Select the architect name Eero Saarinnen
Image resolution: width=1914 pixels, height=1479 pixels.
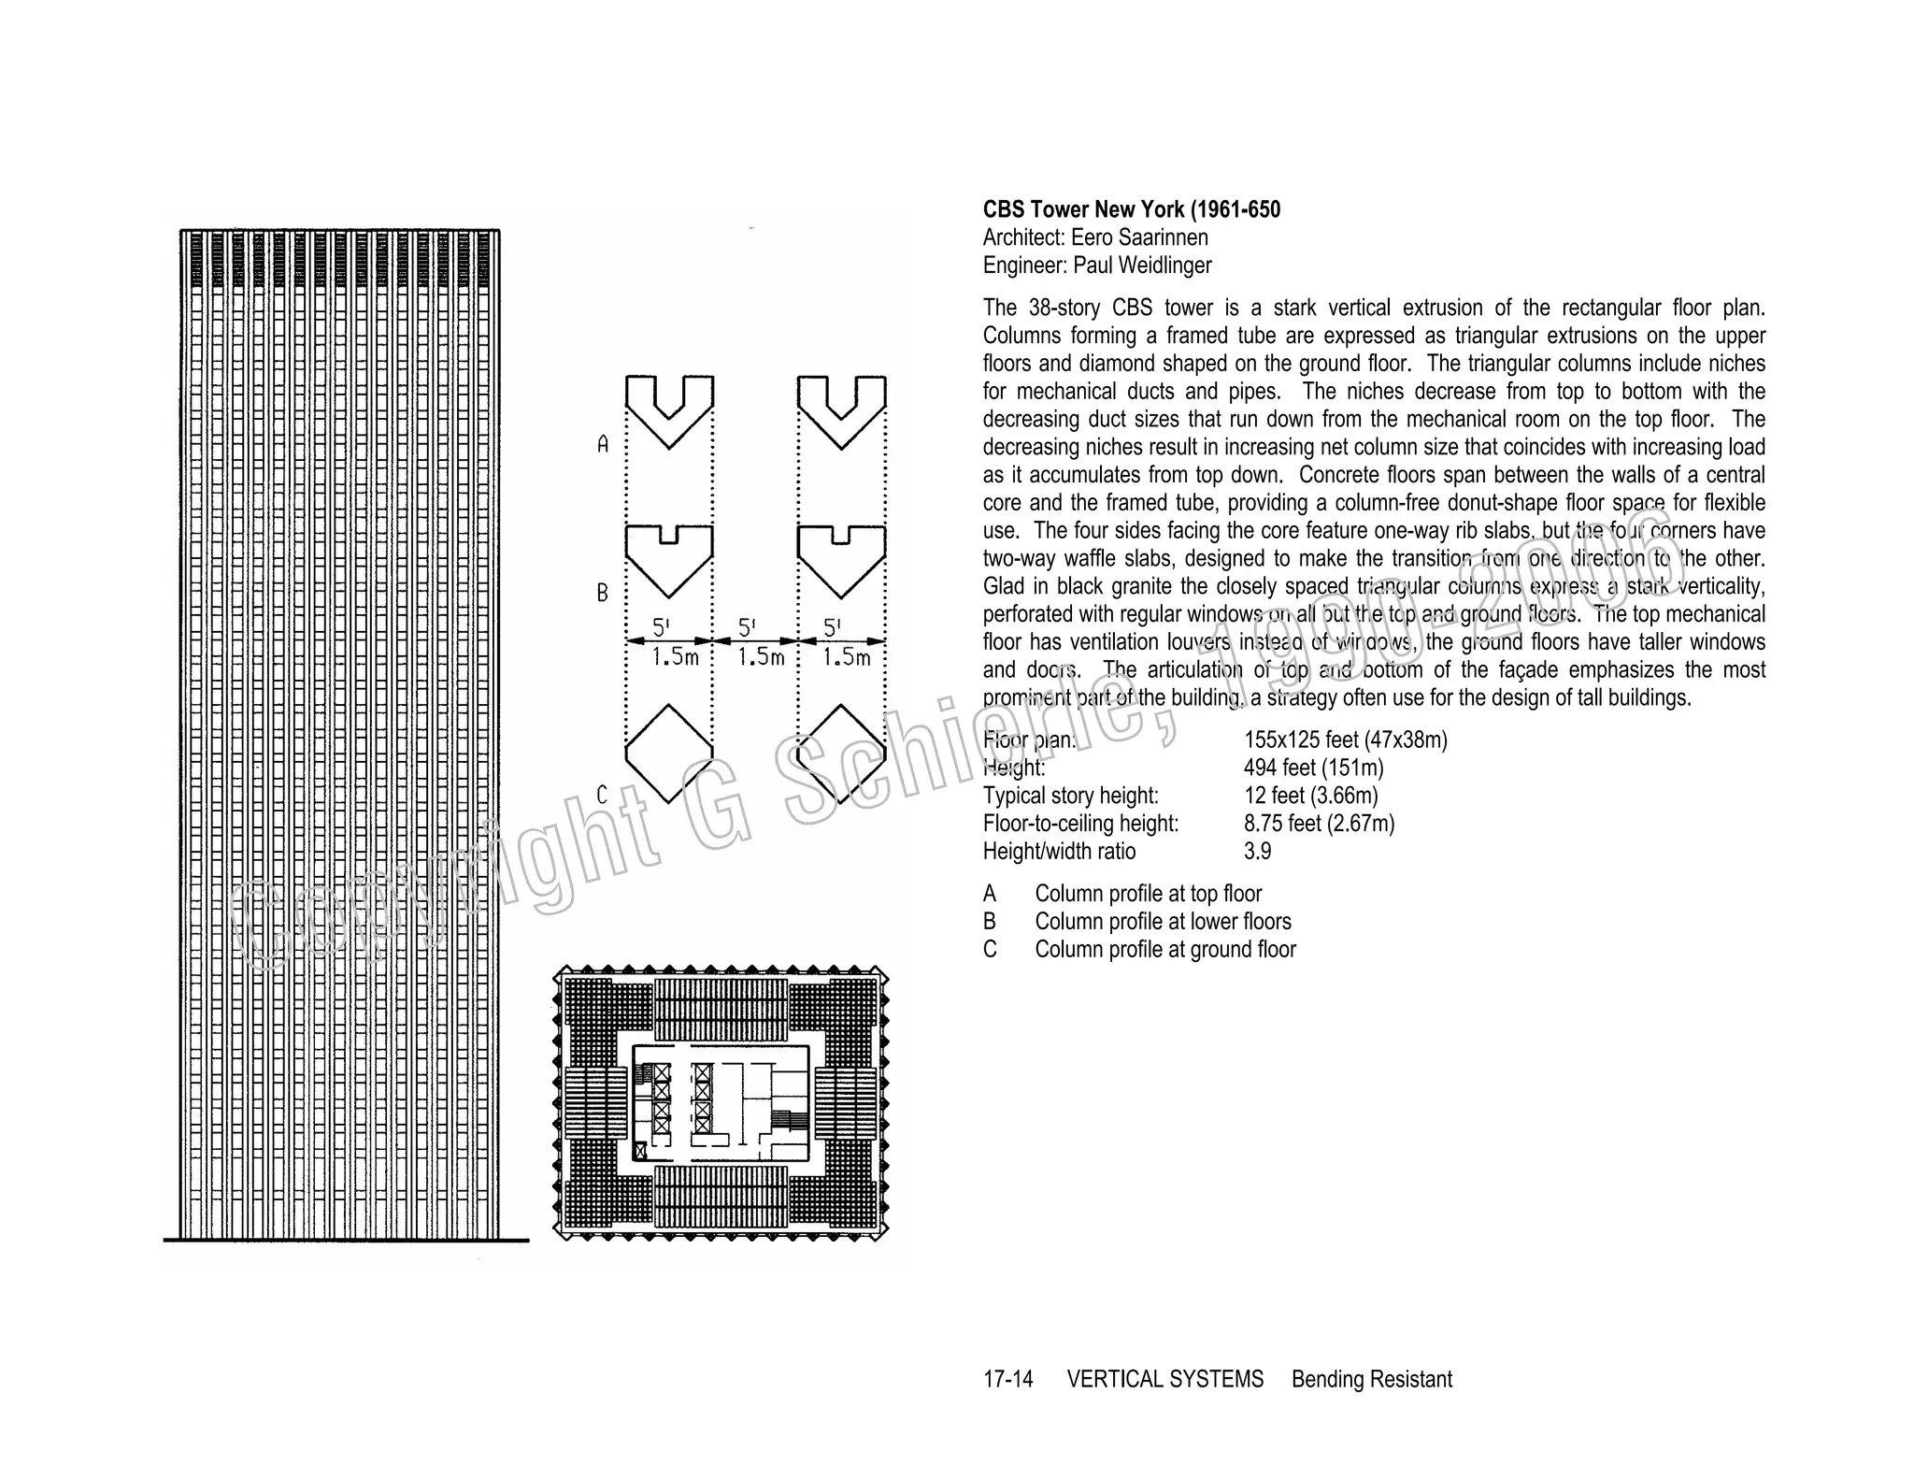(x=1139, y=237)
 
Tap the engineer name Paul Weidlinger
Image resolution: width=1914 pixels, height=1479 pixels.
(x=1142, y=266)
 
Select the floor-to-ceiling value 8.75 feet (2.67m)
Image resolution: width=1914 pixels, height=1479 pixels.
(x=1319, y=824)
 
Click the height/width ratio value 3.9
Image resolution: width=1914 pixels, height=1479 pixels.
(x=1257, y=852)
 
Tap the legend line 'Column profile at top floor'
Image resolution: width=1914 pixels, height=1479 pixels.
(x=1148, y=894)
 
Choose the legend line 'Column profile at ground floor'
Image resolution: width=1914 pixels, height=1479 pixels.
(x=1164, y=950)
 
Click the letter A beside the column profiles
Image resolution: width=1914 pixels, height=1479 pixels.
(x=603, y=445)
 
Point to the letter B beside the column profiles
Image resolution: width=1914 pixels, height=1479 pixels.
(x=603, y=593)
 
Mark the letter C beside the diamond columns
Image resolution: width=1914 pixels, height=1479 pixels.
(x=603, y=796)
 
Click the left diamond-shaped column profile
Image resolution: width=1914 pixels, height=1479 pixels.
(x=669, y=752)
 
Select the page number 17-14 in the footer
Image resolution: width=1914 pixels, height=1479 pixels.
(x=1007, y=1380)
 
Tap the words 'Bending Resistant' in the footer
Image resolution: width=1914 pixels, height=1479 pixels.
(x=1371, y=1380)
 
